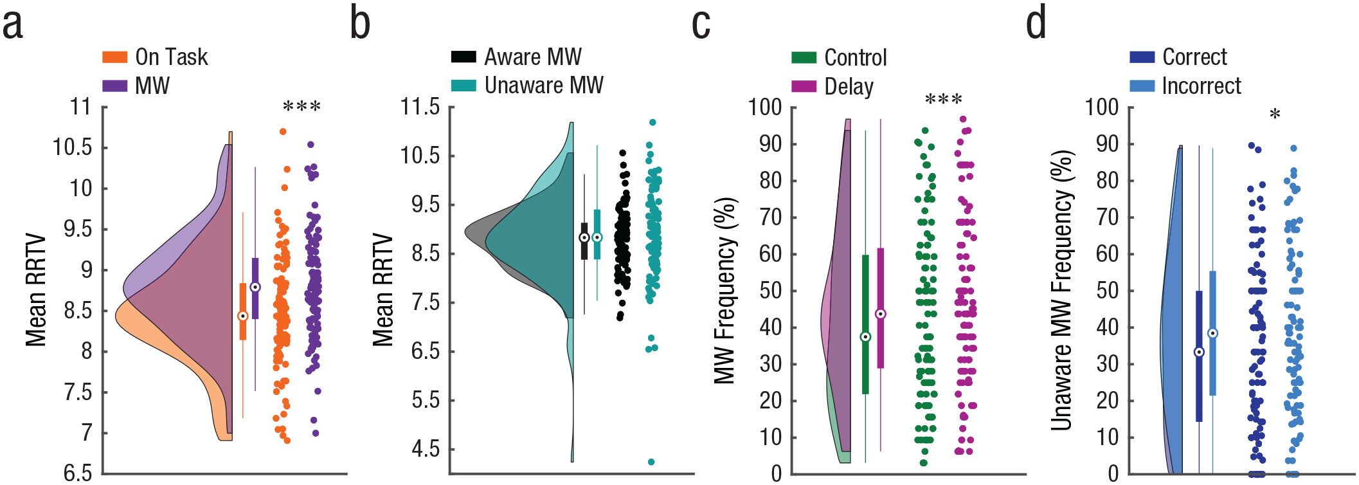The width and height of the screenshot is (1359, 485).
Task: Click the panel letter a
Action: tap(13, 24)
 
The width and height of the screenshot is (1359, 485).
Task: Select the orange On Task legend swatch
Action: tap(114, 57)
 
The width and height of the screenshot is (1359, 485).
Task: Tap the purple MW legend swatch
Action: tap(114, 86)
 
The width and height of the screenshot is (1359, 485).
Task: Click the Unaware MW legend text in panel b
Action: tap(544, 85)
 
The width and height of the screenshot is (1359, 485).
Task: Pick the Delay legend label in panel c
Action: tap(849, 87)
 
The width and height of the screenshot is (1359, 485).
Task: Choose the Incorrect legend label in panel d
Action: tap(1201, 86)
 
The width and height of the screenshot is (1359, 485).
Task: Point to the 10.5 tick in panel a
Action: tap(72, 147)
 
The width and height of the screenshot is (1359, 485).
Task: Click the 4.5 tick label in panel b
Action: tap(426, 449)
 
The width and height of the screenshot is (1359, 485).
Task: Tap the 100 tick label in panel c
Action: tap(764, 107)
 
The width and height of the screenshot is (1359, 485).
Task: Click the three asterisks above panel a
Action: tap(301, 106)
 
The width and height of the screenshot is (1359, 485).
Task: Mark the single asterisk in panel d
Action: tap(1275, 114)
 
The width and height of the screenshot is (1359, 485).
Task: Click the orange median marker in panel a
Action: tap(243, 316)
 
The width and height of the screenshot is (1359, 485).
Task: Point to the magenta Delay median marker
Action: tap(881, 314)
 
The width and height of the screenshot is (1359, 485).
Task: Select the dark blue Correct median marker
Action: tap(1199, 352)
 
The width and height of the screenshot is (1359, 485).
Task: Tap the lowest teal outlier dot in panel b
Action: tap(651, 462)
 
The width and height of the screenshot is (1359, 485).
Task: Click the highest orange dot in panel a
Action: tap(283, 132)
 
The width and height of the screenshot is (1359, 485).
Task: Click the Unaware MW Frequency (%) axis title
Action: tap(1062, 290)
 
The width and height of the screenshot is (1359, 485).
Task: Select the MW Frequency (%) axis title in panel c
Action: tap(725, 291)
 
